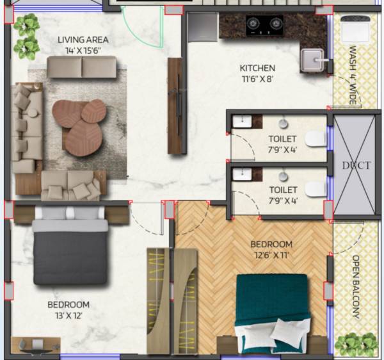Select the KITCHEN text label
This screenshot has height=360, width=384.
257,68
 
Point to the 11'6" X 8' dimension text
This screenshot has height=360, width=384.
257,79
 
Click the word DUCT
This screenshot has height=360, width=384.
356,165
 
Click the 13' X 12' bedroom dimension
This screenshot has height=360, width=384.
68,315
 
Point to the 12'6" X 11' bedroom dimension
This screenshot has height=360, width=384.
271,255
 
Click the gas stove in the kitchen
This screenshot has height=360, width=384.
265,25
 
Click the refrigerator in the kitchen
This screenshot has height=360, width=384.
204,26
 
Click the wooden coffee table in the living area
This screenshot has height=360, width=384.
81,121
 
